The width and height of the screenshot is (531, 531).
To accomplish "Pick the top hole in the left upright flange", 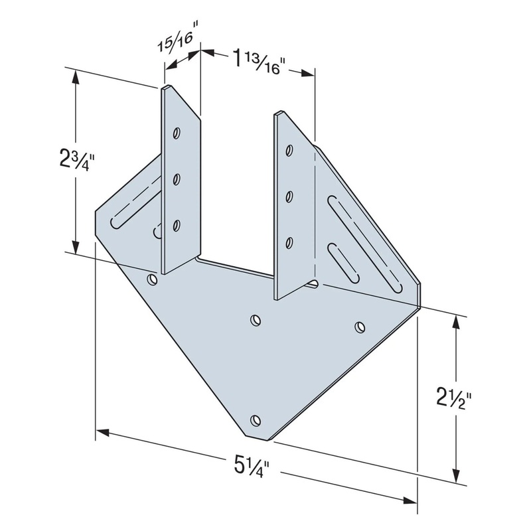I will click(177, 133).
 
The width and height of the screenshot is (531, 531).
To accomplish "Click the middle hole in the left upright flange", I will click(177, 178).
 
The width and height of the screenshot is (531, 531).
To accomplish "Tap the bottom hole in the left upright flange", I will click(177, 226).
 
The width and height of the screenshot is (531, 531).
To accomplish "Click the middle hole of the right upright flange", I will click(289, 196).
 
